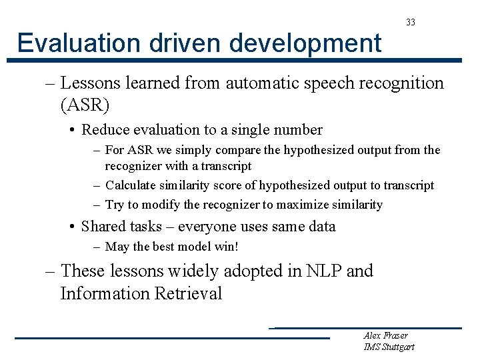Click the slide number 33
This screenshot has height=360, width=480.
click(411, 23)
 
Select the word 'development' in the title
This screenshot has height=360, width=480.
click(306, 44)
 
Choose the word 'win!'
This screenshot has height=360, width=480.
click(224, 247)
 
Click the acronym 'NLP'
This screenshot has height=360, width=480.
click(323, 271)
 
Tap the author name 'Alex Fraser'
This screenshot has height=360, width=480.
click(385, 335)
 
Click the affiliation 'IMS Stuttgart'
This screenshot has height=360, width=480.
click(389, 347)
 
